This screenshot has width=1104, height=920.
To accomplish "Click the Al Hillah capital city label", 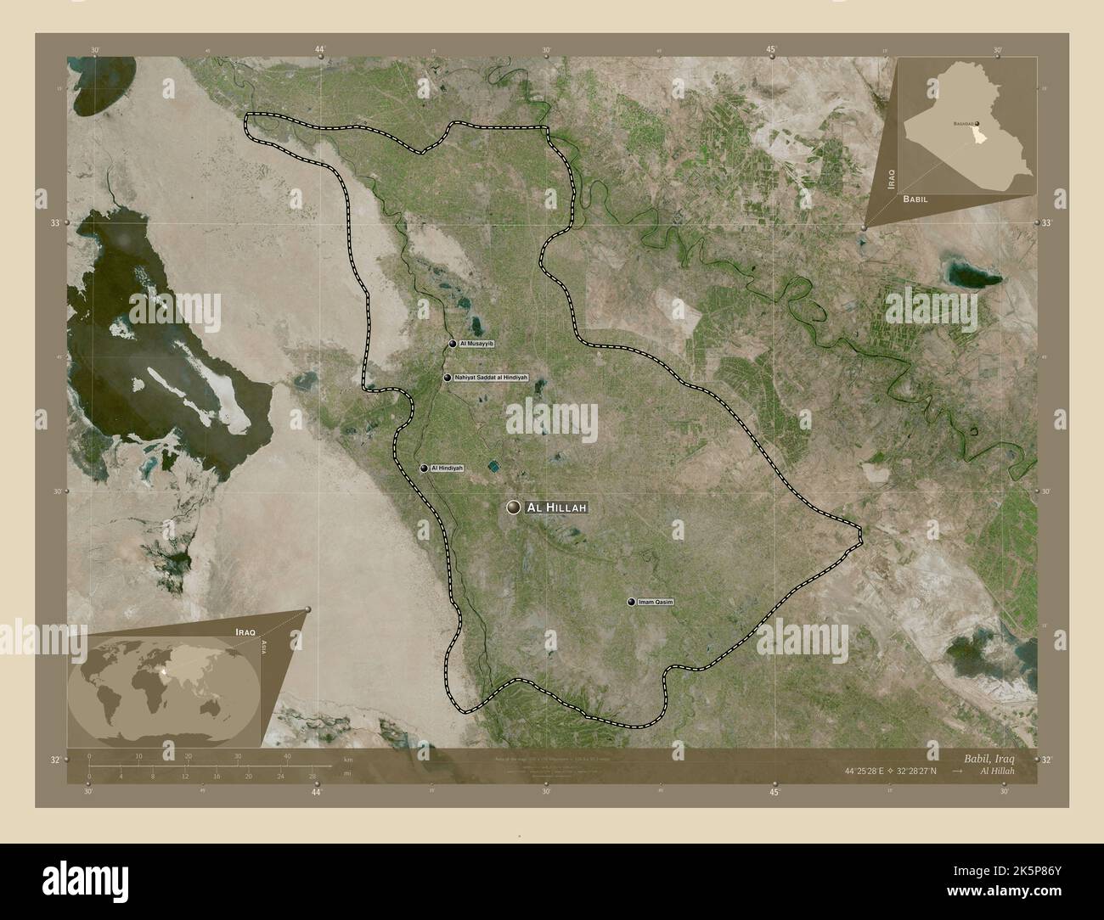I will coord(556,508).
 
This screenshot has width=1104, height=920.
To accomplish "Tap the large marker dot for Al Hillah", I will coord(513,508).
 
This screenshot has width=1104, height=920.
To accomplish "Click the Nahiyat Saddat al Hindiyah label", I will coord(491,377).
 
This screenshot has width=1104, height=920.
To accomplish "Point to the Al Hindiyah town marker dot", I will coord(423,468).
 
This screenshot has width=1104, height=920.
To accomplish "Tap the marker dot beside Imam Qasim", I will coord(631,602).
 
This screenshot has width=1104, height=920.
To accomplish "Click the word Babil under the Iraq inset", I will coord(915,198).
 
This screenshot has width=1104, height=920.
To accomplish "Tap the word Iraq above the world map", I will coord(245,633).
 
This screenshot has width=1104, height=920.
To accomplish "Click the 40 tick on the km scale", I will coord(288,756).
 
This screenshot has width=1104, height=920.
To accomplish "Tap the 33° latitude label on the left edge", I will coord(55,223).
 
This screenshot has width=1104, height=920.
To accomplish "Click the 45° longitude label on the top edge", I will coord(771,50).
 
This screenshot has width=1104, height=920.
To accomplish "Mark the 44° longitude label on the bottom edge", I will coord(317,793).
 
